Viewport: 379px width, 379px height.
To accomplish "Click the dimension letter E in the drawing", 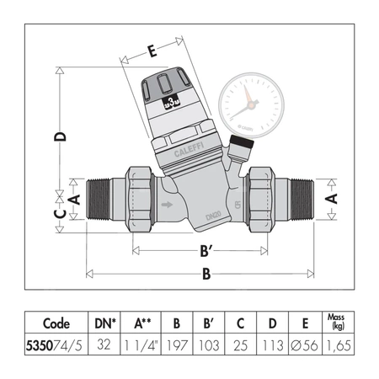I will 152,52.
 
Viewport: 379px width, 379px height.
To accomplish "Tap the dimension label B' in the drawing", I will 200,249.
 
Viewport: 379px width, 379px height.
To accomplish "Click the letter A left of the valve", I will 73,199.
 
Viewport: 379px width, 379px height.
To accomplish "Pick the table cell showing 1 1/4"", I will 143,344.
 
